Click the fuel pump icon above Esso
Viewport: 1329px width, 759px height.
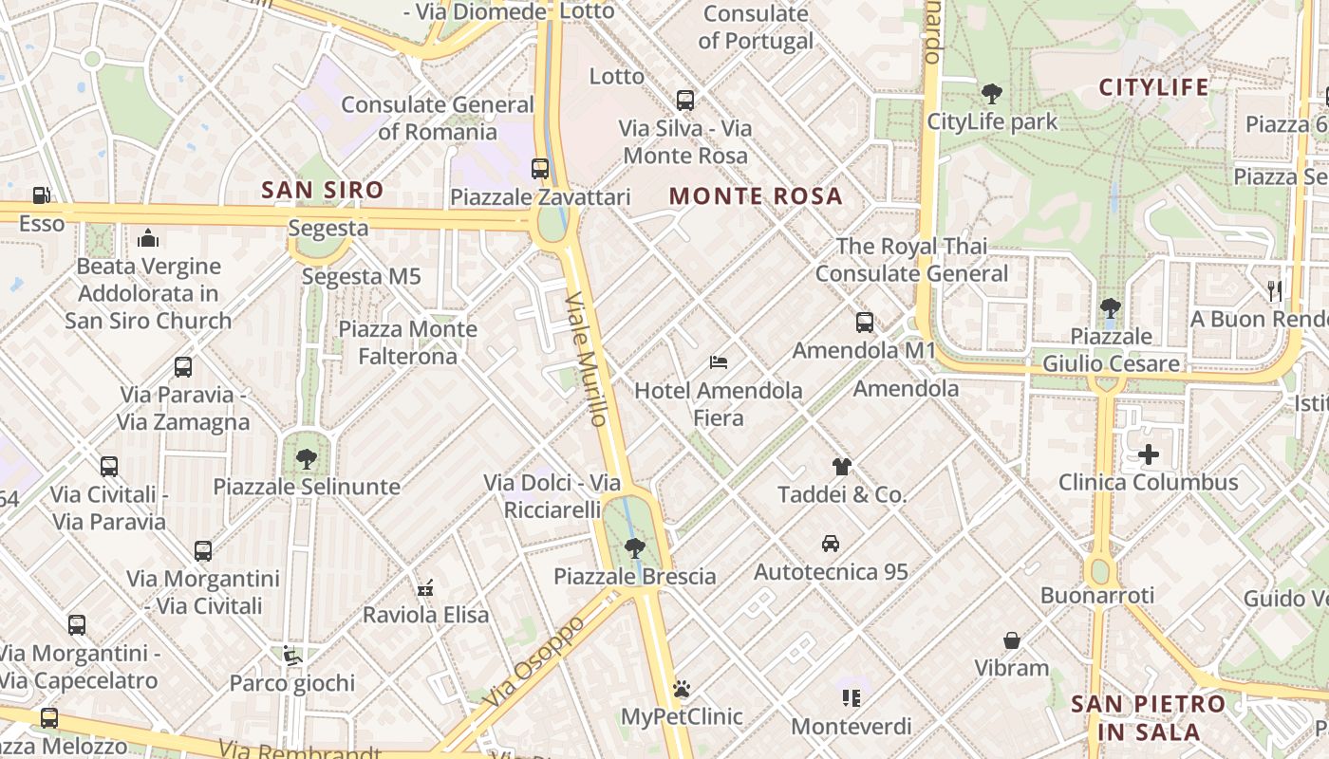pyautogui.click(x=41, y=195)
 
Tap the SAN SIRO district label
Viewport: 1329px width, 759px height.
pyautogui.click(x=323, y=190)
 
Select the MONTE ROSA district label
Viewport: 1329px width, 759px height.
pyautogui.click(x=756, y=196)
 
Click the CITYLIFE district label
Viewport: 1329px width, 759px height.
pyautogui.click(x=1153, y=87)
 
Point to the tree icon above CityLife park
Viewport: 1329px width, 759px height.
pyautogui.click(x=992, y=94)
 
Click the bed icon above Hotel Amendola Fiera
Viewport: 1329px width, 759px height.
pyautogui.click(x=719, y=362)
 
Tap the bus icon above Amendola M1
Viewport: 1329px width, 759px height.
pyautogui.click(x=864, y=323)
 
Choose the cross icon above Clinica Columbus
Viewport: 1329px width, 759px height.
pyautogui.click(x=1149, y=454)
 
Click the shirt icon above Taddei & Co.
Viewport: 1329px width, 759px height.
pyautogui.click(x=842, y=467)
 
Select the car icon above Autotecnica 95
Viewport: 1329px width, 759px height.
pyautogui.click(x=831, y=544)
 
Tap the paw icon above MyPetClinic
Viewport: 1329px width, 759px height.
pyautogui.click(x=682, y=689)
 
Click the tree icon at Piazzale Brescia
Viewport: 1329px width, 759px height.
pyautogui.click(x=634, y=548)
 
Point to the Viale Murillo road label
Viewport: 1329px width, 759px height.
pyautogui.click(x=586, y=359)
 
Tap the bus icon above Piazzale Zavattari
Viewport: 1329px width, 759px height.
pyautogui.click(x=540, y=169)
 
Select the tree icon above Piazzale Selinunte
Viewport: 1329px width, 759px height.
pyautogui.click(x=307, y=459)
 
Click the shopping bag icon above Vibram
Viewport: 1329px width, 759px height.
pyautogui.click(x=1012, y=640)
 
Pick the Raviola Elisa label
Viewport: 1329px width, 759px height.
pyautogui.click(x=426, y=615)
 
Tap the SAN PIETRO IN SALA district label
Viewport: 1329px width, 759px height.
pyautogui.click(x=1149, y=718)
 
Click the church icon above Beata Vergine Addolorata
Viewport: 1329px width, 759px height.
pyautogui.click(x=148, y=238)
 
